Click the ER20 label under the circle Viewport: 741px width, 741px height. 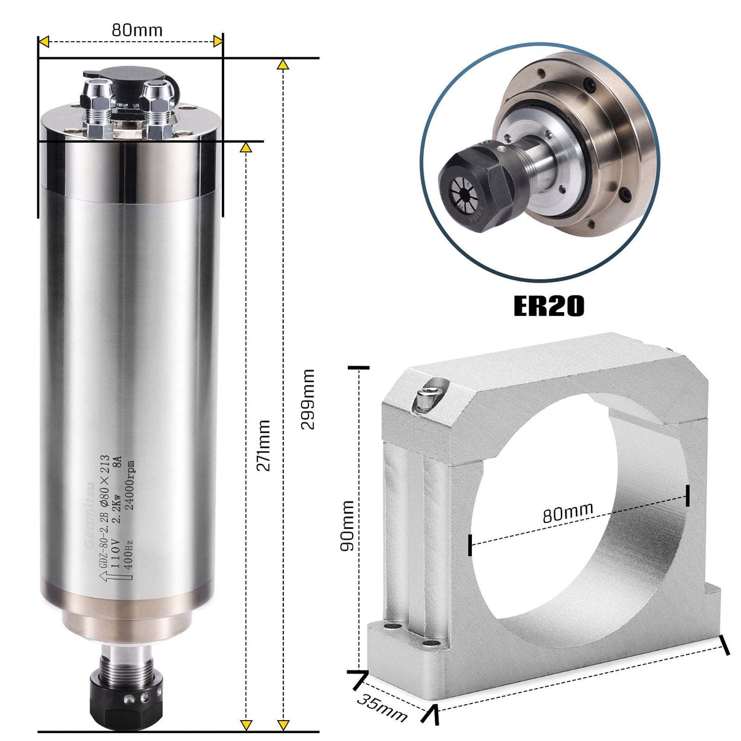coord(548,306)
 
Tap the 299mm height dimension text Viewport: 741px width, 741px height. coord(308,399)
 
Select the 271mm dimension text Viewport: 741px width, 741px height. coord(263,445)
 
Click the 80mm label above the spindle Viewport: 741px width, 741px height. coord(137,29)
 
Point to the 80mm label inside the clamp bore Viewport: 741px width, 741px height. coord(568,512)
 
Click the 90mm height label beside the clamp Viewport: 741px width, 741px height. coord(347,525)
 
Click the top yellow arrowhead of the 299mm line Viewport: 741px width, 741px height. coord(283,64)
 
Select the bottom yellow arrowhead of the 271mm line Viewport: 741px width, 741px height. coord(246,725)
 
